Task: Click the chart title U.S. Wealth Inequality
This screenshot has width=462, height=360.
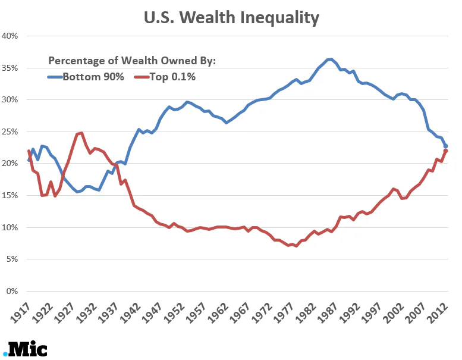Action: pyautogui.click(x=231, y=17)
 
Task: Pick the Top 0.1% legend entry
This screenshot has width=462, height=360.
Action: pyautogui.click(x=166, y=76)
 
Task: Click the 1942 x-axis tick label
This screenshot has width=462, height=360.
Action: pyautogui.click(x=132, y=312)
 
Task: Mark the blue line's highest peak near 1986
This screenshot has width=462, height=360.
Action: pyautogui.click(x=331, y=59)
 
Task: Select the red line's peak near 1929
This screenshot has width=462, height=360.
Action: pyautogui.click(x=81, y=133)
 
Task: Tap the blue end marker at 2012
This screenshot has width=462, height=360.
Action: pyautogui.click(x=445, y=146)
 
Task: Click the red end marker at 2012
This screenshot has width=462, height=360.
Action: pyautogui.click(x=445, y=151)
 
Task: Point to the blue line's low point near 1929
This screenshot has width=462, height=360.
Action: pyautogui.click(x=77, y=192)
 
